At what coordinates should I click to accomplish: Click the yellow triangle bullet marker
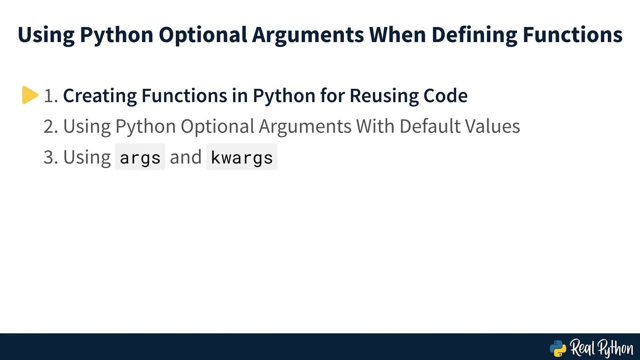coord(30,95)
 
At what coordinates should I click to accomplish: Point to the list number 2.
coord(51,126)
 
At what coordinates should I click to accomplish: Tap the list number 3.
coord(51,157)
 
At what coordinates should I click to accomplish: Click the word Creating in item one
coord(100,96)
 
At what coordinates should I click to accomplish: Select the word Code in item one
coord(445,96)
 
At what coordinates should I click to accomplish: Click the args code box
coord(140,157)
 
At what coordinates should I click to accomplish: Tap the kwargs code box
coord(242,157)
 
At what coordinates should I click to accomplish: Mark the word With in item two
coord(375,126)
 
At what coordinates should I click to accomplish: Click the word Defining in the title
coord(474,35)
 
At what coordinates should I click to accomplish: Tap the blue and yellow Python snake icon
coord(558,348)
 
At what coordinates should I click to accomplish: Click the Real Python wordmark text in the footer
coord(602,349)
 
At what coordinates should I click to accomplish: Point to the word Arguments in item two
coord(305,127)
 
